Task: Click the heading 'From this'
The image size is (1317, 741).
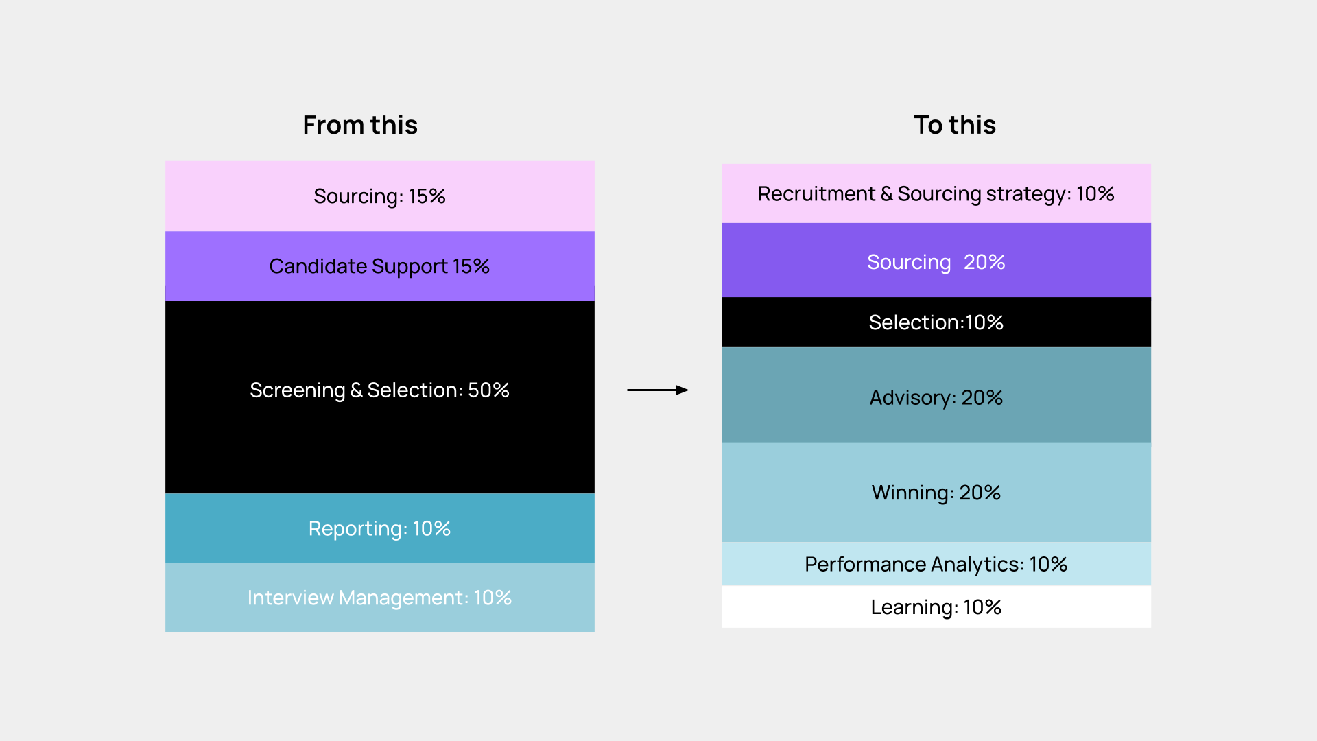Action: (360, 126)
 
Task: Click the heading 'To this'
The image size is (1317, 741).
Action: (954, 126)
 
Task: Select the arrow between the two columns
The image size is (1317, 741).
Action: (657, 390)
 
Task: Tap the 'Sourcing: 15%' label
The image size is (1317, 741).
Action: (379, 197)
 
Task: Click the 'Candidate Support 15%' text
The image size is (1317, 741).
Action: (379, 266)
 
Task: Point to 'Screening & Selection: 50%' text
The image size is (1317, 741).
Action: (379, 390)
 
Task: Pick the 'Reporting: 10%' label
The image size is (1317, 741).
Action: (379, 529)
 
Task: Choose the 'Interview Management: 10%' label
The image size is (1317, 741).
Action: (379, 598)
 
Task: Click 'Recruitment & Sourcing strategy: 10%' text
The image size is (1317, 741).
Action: (936, 194)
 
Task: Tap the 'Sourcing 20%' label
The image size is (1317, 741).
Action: (936, 262)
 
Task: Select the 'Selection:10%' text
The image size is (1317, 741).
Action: (936, 322)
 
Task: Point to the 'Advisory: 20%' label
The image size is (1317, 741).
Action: (936, 398)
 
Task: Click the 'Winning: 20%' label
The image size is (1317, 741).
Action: (936, 493)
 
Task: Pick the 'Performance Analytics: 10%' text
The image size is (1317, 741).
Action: (936, 565)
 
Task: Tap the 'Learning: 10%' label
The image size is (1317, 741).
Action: (936, 607)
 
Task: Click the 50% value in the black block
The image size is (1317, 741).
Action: (488, 390)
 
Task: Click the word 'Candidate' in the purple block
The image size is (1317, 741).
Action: (318, 266)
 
